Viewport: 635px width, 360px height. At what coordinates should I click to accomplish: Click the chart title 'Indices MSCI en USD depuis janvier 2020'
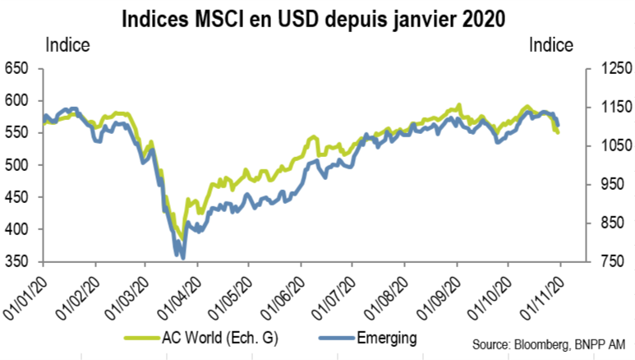[x=314, y=19]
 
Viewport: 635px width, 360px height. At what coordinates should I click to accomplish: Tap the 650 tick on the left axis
[x=16, y=68]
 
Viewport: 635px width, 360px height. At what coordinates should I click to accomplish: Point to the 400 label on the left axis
[x=16, y=229]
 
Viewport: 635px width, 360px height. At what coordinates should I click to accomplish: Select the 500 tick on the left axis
[x=16, y=165]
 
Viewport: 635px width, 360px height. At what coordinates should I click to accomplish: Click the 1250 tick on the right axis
[x=616, y=68]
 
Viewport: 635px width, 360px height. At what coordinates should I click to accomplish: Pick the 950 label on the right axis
[x=612, y=184]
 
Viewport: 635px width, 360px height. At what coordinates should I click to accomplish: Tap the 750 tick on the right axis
[x=612, y=261]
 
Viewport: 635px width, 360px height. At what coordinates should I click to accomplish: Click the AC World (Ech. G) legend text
[x=220, y=337]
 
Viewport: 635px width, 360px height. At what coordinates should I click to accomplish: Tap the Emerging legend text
[x=387, y=338]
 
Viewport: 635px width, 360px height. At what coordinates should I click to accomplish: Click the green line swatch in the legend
[x=142, y=337]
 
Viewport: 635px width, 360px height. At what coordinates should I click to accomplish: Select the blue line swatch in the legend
[x=337, y=337]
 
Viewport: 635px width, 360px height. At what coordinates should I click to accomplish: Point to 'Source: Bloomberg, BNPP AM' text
[x=549, y=344]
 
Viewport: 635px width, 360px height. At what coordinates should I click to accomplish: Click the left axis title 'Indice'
[x=67, y=45]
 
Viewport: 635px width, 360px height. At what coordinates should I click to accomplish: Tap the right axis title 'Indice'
[x=551, y=45]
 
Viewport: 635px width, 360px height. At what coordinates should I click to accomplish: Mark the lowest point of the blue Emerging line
[x=183, y=258]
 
